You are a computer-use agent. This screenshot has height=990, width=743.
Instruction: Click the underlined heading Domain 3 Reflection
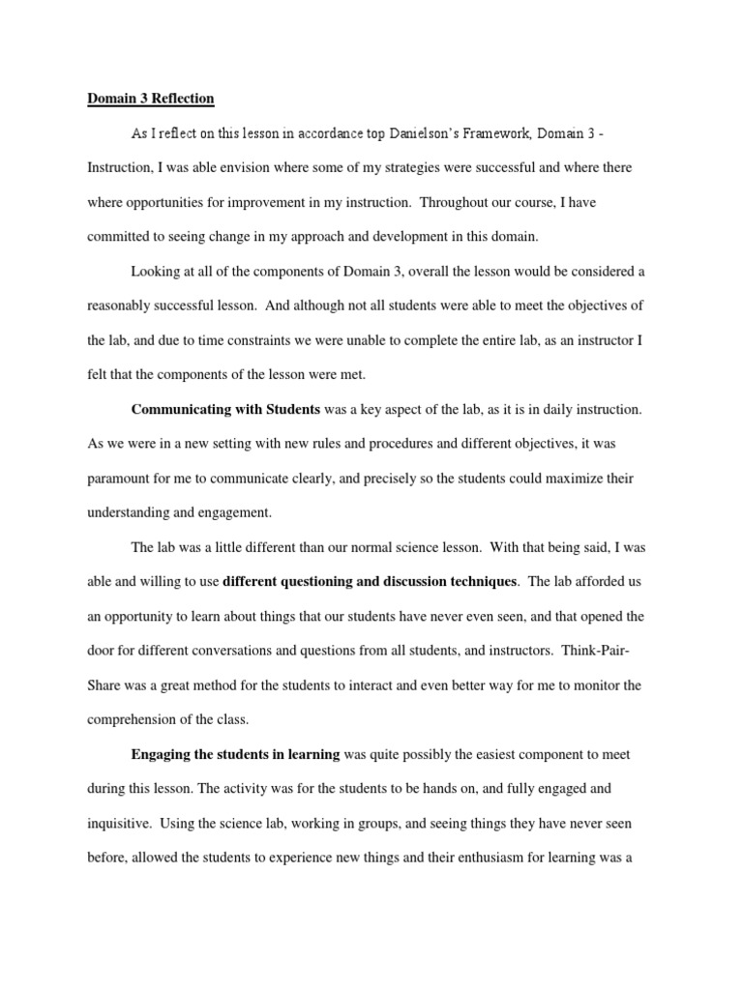click(151, 99)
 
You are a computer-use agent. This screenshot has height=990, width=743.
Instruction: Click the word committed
click(122, 237)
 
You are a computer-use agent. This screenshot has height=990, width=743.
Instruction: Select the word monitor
click(592, 685)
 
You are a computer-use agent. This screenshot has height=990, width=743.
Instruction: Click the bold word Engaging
click(160, 754)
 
